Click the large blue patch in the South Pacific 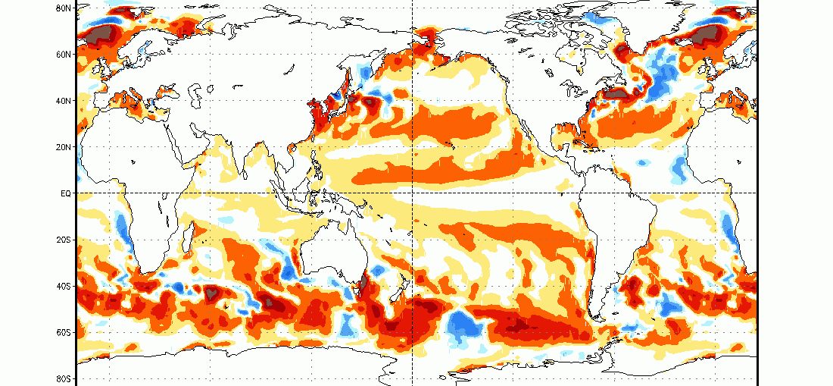[x=463, y=325]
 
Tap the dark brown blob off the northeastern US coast [x=616, y=94]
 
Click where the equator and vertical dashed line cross [x=413, y=193]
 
